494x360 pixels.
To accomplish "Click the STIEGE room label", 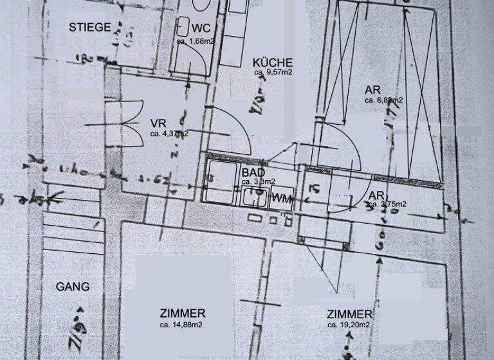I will [91, 27].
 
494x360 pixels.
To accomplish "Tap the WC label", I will [201, 28].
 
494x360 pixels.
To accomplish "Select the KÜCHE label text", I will [273, 62].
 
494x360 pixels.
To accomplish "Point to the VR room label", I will [158, 123].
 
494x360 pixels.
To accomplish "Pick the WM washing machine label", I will [282, 198].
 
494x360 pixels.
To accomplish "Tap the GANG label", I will [73, 287].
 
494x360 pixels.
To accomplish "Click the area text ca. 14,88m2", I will [182, 325].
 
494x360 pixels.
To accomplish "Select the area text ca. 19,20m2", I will [349, 325].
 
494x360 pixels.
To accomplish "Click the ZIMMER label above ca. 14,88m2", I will [183, 314].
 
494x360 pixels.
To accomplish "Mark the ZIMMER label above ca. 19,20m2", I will [349, 314].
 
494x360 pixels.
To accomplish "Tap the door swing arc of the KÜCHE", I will [235, 129].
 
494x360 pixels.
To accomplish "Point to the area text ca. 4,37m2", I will [169, 134].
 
